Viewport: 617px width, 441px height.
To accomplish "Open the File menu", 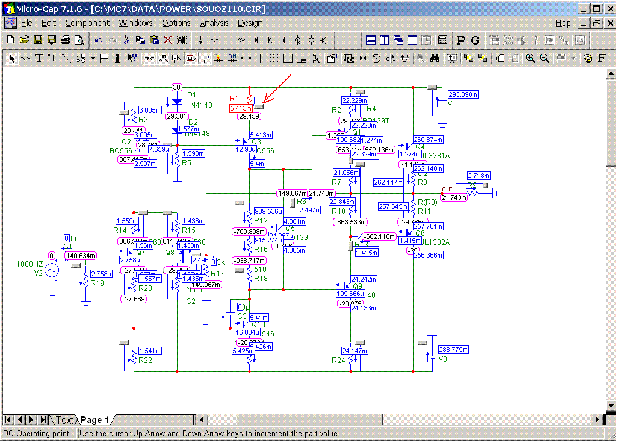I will coord(26,23).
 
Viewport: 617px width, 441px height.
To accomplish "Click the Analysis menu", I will coord(214,23).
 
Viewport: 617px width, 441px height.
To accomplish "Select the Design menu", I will coord(250,23).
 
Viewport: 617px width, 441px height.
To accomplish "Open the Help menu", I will coord(563,23).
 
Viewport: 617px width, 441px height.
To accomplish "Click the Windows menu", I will coord(135,23).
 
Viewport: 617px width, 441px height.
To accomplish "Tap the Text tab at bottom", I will coord(64,420).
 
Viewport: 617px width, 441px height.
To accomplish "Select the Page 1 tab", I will coord(95,420).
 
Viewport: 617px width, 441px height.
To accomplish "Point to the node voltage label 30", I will coord(176,87).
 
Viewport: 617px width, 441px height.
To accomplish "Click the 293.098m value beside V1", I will coord(463,94).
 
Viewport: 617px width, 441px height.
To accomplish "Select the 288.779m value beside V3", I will coord(453,350).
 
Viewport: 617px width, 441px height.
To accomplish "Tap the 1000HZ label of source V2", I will coord(29,264).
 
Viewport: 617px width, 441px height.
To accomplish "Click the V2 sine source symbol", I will coord(52,271).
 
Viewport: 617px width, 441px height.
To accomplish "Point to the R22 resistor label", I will coord(145,360).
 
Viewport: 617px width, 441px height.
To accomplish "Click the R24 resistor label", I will coord(338,360).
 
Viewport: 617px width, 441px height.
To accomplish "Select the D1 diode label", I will coord(192,95).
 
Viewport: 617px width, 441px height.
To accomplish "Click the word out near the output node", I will coord(447,189).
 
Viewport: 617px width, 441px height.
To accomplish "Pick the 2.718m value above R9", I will coord(479,176).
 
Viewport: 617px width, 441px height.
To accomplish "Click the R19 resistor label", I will coord(97,283).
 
